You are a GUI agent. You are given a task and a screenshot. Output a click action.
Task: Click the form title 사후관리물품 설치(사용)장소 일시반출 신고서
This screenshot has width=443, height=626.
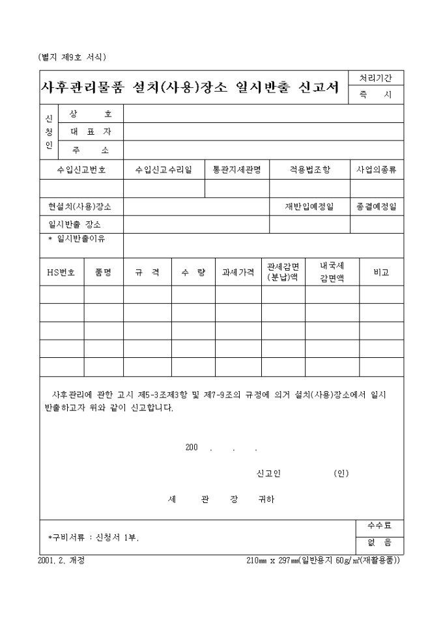[x=190, y=88]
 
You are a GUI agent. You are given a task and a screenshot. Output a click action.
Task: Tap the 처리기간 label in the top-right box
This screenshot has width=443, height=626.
[x=376, y=78]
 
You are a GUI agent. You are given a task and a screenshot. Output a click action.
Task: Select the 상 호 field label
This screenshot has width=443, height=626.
[x=91, y=114]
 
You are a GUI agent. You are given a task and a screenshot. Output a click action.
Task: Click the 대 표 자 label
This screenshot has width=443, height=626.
[x=91, y=131]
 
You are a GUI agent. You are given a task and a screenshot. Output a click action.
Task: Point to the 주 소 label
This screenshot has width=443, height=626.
[x=91, y=150]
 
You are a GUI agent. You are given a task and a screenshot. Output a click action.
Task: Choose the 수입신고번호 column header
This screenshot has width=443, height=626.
[x=81, y=170]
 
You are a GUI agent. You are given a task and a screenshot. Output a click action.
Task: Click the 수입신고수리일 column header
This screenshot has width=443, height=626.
[x=164, y=170]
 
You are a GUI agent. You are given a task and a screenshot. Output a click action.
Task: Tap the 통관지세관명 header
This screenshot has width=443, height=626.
[x=237, y=170]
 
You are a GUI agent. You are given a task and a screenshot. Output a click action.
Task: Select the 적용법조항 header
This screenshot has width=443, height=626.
[x=309, y=170]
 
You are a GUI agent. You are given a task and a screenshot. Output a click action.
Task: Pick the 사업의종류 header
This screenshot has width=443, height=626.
[x=377, y=170]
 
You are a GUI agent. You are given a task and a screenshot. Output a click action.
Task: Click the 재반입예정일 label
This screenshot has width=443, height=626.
[x=309, y=206]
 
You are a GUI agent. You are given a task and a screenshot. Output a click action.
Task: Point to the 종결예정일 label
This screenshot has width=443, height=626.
[x=377, y=206]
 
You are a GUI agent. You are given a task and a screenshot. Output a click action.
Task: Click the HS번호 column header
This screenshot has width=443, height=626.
[x=61, y=273]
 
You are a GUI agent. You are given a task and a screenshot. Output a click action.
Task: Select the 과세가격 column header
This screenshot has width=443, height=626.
[x=238, y=273]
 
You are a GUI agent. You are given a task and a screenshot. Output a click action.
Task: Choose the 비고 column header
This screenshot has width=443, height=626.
[x=381, y=273]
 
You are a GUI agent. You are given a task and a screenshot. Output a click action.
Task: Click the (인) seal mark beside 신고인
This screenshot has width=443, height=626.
[x=341, y=473]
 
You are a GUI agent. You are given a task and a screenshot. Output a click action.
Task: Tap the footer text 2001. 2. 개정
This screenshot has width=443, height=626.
[x=62, y=560]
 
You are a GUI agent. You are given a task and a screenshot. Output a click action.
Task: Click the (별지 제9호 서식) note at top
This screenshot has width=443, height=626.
[x=72, y=57]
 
